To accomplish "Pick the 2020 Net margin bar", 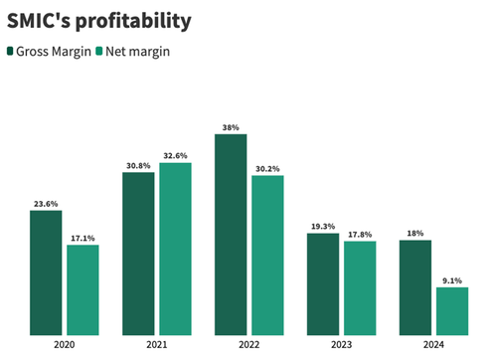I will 83,289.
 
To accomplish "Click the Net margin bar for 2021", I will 175,248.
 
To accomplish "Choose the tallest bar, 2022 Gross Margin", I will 231,234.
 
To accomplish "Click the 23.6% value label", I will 46,203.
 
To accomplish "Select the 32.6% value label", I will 175,155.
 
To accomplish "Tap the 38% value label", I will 231,127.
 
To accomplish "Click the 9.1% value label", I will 452,279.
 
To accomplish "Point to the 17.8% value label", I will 360,234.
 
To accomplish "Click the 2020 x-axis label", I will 65,347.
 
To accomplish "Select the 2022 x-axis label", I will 249,347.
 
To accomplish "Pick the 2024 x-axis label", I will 434,347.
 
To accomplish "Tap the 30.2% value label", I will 267,168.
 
